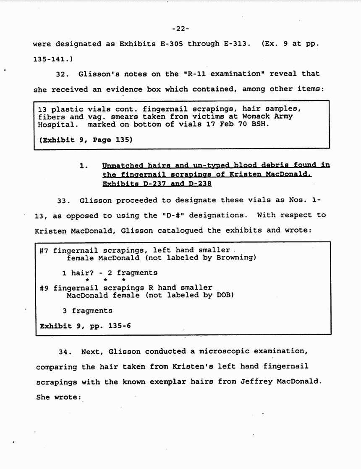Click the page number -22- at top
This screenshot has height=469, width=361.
(180, 29)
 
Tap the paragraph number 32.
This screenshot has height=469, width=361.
(62, 74)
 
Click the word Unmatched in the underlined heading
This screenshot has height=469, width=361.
(121, 165)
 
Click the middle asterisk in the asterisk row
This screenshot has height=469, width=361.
(106, 280)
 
